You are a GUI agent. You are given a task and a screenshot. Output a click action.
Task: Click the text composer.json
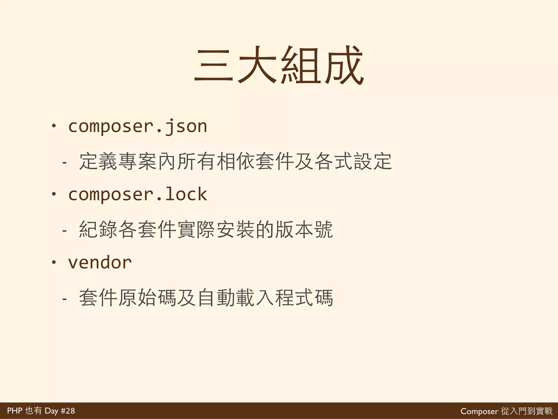(138, 127)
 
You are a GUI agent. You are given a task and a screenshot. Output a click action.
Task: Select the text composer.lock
(138, 194)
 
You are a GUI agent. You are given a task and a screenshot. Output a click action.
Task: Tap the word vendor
(100, 263)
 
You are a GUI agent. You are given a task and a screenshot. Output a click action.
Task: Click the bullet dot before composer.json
(54, 126)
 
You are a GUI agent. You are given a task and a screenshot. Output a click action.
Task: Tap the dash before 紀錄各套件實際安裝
(64, 231)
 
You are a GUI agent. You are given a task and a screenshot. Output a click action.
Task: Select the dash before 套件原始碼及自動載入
(64, 299)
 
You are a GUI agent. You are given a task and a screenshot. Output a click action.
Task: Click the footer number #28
(68, 411)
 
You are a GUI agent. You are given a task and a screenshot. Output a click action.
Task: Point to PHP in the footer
(14, 411)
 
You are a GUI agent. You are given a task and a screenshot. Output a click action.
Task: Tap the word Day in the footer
(51, 411)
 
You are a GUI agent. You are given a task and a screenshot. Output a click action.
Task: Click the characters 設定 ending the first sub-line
(373, 161)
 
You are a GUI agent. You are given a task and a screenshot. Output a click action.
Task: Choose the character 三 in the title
(214, 65)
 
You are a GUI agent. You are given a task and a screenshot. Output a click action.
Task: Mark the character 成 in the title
(344, 65)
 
